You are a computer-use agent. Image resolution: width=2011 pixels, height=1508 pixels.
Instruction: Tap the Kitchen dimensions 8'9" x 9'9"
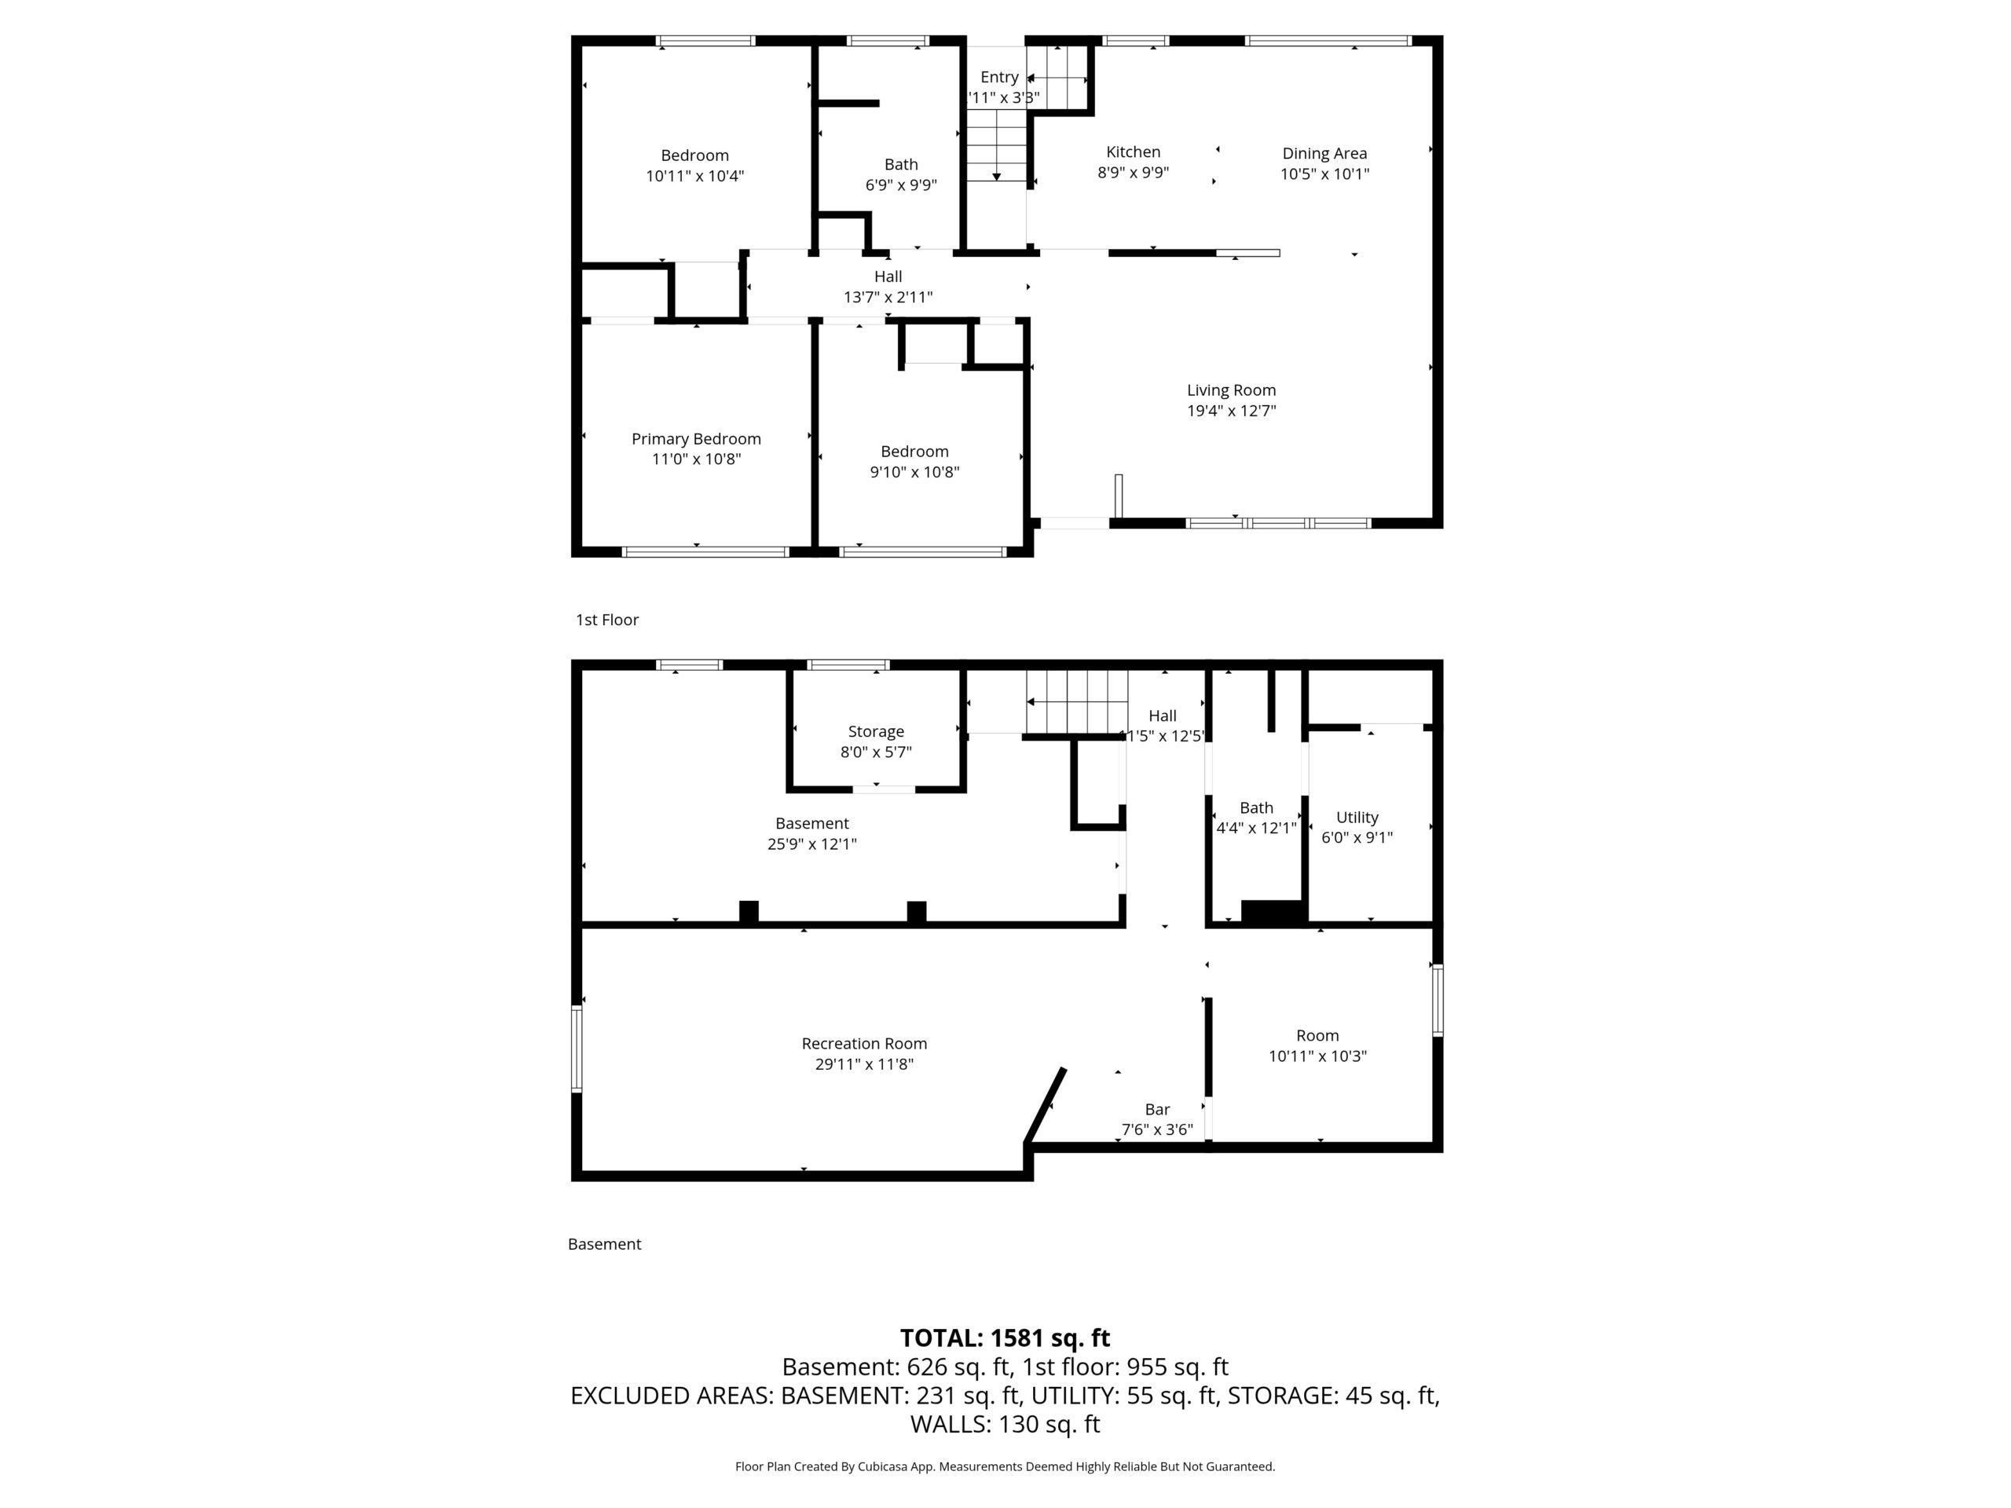(x=1133, y=172)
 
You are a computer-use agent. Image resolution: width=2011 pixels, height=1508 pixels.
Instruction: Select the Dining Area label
(x=1324, y=154)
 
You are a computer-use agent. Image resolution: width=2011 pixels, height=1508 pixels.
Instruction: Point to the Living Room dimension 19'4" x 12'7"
(x=1231, y=410)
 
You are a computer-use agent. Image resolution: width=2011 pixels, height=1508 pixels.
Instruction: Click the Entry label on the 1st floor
(x=999, y=77)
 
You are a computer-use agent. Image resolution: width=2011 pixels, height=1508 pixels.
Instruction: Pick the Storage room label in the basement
(x=876, y=732)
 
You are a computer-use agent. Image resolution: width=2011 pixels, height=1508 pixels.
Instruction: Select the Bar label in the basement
(x=1157, y=1109)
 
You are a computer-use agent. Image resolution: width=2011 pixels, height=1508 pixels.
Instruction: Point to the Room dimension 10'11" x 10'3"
(x=1317, y=1056)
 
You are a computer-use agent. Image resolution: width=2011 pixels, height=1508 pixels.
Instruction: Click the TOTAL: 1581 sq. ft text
(x=1005, y=1338)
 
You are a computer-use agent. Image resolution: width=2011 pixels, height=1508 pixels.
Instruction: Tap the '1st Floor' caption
(x=607, y=620)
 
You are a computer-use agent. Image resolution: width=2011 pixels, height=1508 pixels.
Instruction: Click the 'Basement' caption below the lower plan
(x=605, y=1244)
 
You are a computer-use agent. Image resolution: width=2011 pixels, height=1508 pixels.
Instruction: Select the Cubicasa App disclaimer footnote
(x=1005, y=1466)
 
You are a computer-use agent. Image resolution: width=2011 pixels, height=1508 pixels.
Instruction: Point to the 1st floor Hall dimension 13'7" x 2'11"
(x=888, y=297)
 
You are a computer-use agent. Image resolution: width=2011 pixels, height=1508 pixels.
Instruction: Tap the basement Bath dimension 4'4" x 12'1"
(x=1256, y=828)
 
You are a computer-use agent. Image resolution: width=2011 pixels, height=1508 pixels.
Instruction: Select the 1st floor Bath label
(x=901, y=164)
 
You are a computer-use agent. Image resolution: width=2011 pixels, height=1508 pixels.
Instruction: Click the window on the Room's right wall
(x=1438, y=1000)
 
